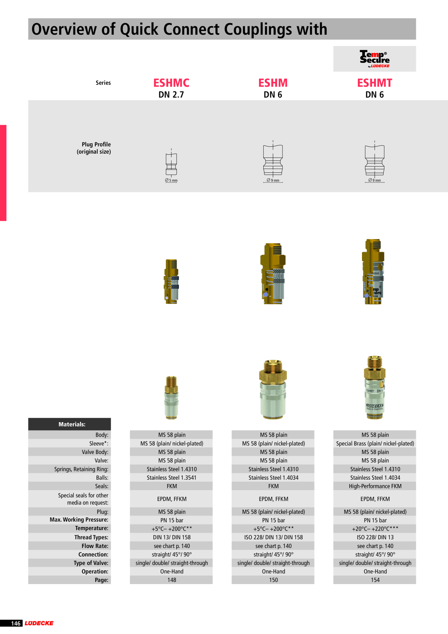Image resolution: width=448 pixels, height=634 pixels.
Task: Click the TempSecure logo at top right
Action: tap(375, 59)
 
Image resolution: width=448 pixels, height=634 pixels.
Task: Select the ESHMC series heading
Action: tap(171, 83)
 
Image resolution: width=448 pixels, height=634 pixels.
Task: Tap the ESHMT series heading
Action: tap(375, 83)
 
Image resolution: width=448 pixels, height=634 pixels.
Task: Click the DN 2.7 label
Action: tap(171, 95)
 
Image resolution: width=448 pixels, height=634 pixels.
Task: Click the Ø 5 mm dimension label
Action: tap(171, 180)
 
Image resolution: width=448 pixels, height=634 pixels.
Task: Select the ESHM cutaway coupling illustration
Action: tap(273, 274)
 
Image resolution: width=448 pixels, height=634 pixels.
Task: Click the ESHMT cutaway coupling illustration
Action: tap(373, 271)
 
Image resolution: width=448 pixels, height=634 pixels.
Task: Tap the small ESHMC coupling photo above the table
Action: tap(171, 398)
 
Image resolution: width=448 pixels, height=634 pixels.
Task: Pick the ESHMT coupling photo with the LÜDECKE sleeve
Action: tap(375, 387)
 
